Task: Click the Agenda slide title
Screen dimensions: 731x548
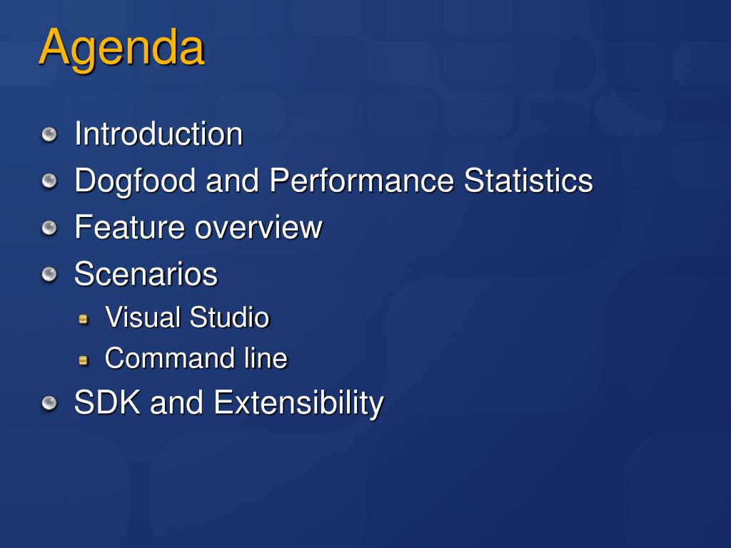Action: [121, 49]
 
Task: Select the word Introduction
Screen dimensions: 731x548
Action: [158, 133]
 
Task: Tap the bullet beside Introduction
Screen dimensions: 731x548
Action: [49, 135]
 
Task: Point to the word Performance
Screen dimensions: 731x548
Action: [362, 181]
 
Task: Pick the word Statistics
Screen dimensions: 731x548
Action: [528, 181]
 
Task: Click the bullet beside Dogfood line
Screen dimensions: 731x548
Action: [49, 181]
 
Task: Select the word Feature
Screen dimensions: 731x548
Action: [130, 227]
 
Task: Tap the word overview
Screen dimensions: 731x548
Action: [258, 228]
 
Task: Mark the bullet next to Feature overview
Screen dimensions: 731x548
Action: [49, 228]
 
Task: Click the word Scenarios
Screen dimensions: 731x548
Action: [146, 273]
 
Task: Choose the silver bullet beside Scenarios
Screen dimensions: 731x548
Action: [49, 274]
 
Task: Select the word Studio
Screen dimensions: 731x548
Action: [229, 318]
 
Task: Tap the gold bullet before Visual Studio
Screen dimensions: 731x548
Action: [84, 319]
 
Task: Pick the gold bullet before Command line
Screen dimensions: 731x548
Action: [84, 360]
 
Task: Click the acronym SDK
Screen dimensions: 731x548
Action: [107, 402]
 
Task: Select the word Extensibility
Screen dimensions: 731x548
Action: [298, 404]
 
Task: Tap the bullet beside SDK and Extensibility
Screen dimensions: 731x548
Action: [49, 403]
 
